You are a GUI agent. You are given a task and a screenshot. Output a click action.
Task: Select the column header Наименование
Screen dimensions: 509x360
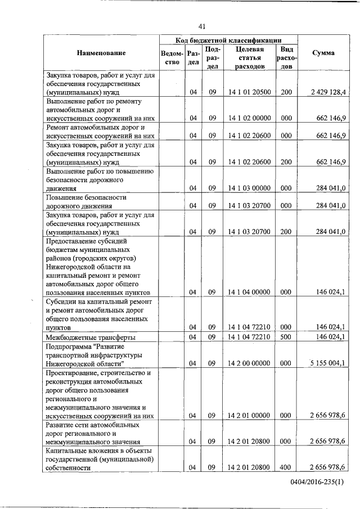point(101,53)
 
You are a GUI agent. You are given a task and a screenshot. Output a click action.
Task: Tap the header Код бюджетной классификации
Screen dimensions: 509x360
point(228,40)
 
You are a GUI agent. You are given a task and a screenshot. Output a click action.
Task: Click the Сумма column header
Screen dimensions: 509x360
point(321,53)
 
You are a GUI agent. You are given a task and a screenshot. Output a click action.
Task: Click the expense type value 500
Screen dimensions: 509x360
point(286,337)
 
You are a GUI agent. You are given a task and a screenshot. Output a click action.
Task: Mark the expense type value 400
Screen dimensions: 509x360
point(286,467)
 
